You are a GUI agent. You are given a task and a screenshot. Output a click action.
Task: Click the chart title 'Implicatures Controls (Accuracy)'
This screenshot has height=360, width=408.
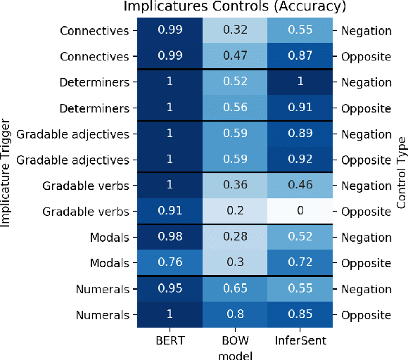[235, 7]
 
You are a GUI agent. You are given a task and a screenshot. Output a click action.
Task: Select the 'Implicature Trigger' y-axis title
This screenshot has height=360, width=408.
[6, 172]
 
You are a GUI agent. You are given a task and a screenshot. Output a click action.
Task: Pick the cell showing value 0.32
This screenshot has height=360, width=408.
[235, 31]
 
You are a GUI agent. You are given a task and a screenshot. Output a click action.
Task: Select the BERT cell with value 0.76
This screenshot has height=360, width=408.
[169, 263]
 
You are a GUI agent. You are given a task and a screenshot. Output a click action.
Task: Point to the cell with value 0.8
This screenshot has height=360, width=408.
[235, 315]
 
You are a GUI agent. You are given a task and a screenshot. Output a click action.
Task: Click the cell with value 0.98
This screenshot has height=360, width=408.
[169, 238]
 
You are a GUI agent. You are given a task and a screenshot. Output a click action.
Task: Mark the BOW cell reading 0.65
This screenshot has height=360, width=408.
[235, 289]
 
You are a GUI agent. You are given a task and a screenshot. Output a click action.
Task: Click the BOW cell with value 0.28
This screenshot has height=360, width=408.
[235, 238]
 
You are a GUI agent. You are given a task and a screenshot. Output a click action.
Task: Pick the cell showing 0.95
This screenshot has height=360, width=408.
[169, 289]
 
